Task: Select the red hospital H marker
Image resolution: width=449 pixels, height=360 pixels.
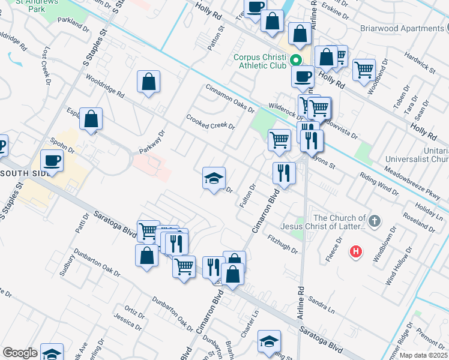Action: (x=356, y=251)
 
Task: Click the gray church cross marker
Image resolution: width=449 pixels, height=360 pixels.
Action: (x=374, y=221)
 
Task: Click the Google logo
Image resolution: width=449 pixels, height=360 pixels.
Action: (x=19, y=353)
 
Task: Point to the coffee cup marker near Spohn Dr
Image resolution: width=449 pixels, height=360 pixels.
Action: (x=51, y=161)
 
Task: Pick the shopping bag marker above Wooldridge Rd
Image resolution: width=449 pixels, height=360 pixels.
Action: (x=148, y=82)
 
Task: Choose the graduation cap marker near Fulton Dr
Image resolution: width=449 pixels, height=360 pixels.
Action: (x=214, y=178)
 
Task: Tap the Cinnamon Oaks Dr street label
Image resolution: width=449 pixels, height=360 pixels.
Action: (x=230, y=98)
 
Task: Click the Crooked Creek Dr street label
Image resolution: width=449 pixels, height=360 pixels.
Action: (x=210, y=122)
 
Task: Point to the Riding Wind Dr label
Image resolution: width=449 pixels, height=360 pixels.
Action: (x=379, y=184)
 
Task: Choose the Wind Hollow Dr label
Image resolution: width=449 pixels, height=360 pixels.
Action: (x=398, y=265)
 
